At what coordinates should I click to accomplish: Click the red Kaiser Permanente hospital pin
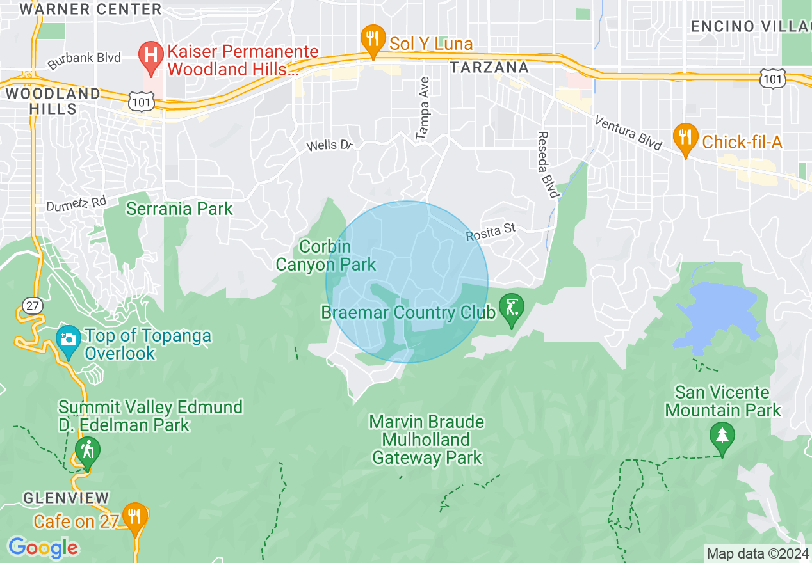pyautogui.click(x=151, y=56)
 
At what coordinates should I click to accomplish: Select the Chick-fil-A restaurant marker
pyautogui.click(x=685, y=137)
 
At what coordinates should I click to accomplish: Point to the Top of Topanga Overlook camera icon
pyautogui.click(x=69, y=340)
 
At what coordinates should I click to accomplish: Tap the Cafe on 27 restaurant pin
pyautogui.click(x=134, y=516)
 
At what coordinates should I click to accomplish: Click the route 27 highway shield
pyautogui.click(x=32, y=306)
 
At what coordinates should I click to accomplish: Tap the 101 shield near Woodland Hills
pyautogui.click(x=138, y=100)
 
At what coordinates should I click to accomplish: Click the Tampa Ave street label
pyautogui.click(x=423, y=109)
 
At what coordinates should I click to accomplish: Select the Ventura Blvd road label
pyautogui.click(x=628, y=133)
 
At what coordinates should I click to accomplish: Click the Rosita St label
pyautogui.click(x=491, y=234)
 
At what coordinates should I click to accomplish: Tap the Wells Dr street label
pyautogui.click(x=330, y=145)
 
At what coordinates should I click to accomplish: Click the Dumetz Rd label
pyautogui.click(x=76, y=203)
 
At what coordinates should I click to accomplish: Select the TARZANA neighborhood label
pyautogui.click(x=489, y=67)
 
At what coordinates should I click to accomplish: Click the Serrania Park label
pyautogui.click(x=179, y=209)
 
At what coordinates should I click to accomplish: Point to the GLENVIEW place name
pyautogui.click(x=66, y=497)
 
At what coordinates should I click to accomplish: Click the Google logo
pyautogui.click(x=43, y=548)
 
